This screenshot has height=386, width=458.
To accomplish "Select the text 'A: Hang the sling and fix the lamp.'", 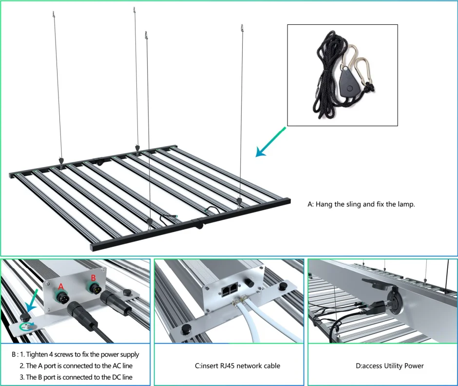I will [x=361, y=205].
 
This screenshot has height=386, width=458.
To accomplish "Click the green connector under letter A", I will [x=62, y=296].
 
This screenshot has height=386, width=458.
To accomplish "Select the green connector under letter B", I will [x=95, y=289].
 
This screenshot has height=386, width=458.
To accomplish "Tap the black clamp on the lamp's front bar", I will [x=198, y=226].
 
